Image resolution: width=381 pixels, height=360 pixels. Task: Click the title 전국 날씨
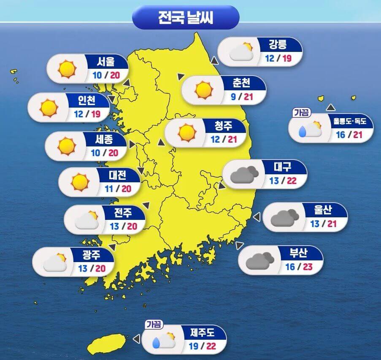[186, 18]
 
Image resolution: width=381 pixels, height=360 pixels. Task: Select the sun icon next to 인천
[49, 108]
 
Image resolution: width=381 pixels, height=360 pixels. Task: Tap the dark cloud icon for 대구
[244, 175]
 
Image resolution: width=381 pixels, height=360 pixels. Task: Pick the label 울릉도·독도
[353, 122]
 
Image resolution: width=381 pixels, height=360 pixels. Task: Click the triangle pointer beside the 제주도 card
[136, 339]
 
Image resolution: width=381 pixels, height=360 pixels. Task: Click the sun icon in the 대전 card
[79, 182]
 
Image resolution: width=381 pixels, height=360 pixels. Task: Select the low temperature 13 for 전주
[114, 226]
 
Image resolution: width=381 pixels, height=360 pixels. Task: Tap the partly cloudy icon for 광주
[55, 262]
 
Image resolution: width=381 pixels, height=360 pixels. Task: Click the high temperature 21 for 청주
[232, 139]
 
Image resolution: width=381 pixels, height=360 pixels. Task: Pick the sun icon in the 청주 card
[187, 133]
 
